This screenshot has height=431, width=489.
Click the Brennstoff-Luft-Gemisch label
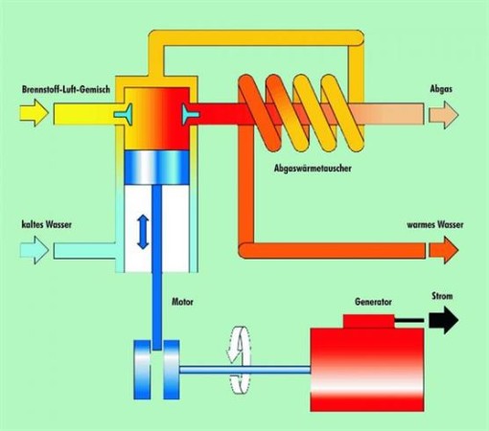coord(66,89)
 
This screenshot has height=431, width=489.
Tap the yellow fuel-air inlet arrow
coord(35,113)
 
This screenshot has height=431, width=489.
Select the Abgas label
coord(441,89)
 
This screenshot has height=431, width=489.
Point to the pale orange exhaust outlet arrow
coord(444,115)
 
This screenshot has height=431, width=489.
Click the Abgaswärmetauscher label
coord(313,169)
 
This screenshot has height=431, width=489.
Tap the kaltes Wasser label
coord(47,224)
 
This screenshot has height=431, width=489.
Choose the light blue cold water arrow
coord(35,250)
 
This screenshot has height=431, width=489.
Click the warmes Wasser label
coord(435,224)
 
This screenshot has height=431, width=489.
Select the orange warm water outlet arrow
coord(444,250)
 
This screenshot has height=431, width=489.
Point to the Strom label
coord(442,296)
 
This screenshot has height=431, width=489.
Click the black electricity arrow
coord(444,320)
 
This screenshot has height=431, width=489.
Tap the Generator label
coord(373,302)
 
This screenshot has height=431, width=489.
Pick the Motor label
coord(182,302)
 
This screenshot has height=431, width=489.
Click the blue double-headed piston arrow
coord(143,232)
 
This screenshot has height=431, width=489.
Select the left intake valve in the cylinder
coord(123,114)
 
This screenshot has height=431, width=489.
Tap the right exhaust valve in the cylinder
coord(191,114)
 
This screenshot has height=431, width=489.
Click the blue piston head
coord(156,168)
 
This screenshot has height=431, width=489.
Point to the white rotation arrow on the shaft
coord(238,360)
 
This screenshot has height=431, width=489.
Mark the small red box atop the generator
coord(369,322)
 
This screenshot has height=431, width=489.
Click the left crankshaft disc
coord(142,370)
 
